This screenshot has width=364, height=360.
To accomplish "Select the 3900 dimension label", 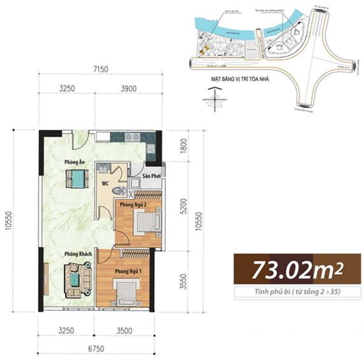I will click(x=128, y=89).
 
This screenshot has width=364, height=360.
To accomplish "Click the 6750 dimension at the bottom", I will click(x=95, y=349).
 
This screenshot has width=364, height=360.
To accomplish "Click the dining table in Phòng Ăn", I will click(x=76, y=178).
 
